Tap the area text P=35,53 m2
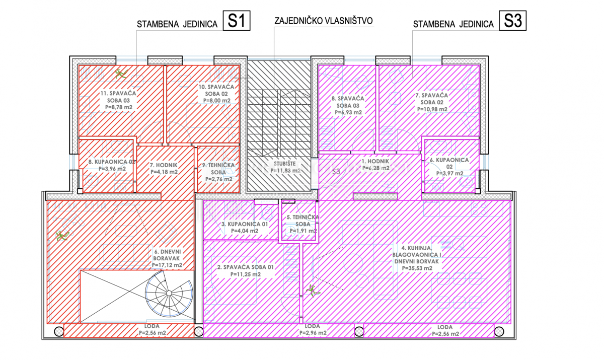pos(417,268)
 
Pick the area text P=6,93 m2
pos(348,113)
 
